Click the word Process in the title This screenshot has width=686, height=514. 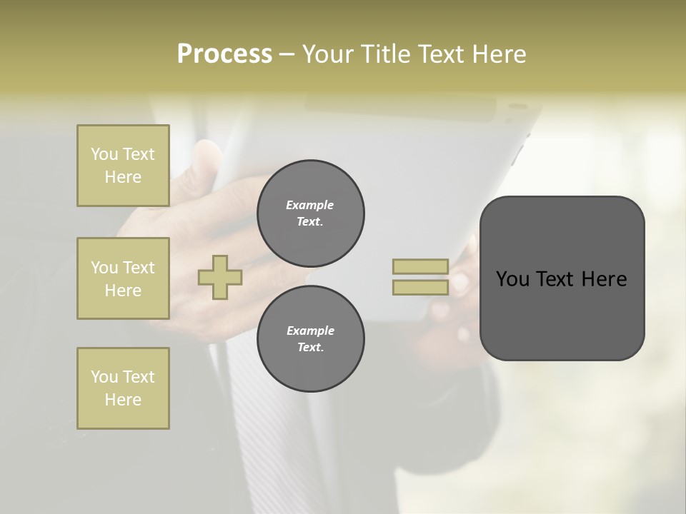click(224, 54)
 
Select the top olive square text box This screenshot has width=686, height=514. click(123, 166)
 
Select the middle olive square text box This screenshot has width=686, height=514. click(123, 278)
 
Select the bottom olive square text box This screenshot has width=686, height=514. click(123, 388)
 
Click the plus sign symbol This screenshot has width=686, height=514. click(220, 277)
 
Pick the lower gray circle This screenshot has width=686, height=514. click(311, 339)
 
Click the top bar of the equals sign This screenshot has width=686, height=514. click(420, 266)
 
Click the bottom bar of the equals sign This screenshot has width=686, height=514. click(420, 287)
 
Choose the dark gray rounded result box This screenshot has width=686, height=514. click(562, 314)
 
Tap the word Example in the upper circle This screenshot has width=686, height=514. click(310, 205)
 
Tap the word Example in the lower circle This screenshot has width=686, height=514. click(310, 331)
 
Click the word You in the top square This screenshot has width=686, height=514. click(104, 154)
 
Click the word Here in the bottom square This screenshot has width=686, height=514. click(123, 400)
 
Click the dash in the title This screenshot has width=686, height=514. click(287, 54)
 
